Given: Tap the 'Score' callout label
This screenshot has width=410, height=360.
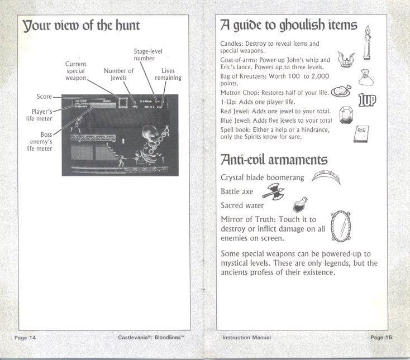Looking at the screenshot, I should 44,97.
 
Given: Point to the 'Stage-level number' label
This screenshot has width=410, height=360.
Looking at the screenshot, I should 148,55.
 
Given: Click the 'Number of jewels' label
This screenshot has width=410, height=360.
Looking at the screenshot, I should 118,75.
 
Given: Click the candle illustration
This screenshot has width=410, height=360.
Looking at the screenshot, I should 367,44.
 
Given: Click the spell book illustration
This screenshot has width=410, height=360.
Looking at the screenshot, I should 363,134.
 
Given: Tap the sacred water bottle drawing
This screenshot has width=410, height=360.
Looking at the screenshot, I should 301,203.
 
